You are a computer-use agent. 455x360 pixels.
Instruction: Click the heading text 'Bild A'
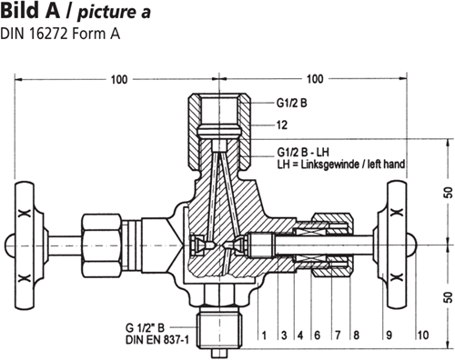[31, 13]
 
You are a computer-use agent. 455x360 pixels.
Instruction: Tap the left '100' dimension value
[118, 80]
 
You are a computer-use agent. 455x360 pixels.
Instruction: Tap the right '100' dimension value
[316, 80]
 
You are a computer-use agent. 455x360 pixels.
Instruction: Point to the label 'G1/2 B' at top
[291, 104]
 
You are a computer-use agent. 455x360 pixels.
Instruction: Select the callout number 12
[282, 123]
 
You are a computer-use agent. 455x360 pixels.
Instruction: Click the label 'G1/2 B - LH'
[306, 150]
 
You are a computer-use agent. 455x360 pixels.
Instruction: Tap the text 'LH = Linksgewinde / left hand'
[340, 165]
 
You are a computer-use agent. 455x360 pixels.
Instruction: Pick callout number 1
[264, 336]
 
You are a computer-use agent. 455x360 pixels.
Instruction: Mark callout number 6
[316, 336]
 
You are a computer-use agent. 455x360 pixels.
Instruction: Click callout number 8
[356, 336]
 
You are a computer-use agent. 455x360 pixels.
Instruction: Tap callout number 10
[421, 336]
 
